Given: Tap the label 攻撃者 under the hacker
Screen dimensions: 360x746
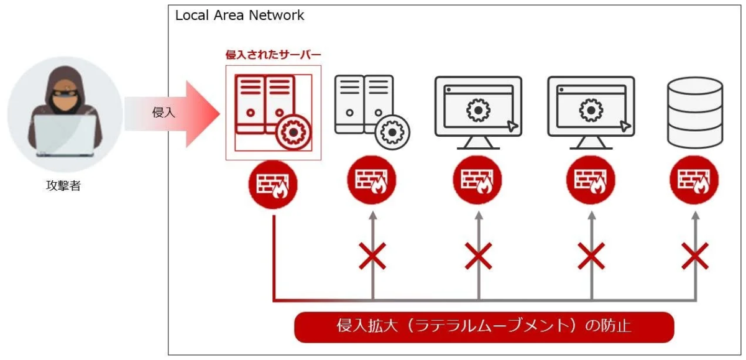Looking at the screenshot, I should click(64, 186).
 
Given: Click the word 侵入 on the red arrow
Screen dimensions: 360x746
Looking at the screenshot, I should click(163, 113).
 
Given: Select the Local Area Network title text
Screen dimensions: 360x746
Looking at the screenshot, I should click(239, 16).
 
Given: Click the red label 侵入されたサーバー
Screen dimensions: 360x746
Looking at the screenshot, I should click(272, 55).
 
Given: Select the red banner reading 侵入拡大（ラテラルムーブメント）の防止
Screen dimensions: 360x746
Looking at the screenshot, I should click(484, 327).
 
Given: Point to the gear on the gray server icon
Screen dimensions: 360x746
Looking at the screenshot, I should click(392, 131).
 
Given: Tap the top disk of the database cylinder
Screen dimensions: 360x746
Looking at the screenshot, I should click(694, 86).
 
